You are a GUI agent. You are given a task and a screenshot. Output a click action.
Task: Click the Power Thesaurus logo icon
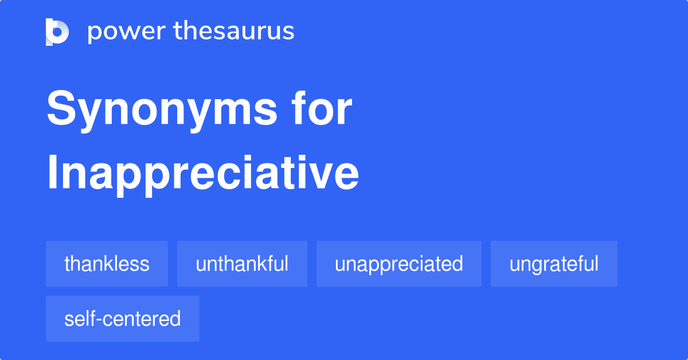[57, 32]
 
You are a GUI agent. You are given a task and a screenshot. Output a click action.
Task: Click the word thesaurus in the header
[234, 32]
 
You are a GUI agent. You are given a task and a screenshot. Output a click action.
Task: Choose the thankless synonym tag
[107, 264]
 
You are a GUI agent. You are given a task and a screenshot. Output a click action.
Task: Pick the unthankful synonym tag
[242, 264]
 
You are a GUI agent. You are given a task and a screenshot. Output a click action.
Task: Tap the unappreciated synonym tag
[398, 264]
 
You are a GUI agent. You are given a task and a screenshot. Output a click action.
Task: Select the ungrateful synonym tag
[554, 264]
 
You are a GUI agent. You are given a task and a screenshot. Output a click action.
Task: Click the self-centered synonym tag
[122, 319]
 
